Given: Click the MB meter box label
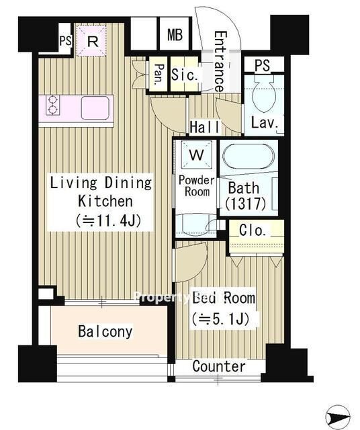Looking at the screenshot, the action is (175, 35).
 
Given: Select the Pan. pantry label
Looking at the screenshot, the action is (159, 75).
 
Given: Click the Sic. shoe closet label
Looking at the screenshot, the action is (184, 75).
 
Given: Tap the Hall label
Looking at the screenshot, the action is (205, 127).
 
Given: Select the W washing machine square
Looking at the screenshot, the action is (197, 155).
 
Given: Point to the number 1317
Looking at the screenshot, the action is (246, 204).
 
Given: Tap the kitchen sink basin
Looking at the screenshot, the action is (95, 108).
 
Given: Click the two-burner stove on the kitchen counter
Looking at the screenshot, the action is (52, 105).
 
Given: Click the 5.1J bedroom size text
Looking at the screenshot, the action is (221, 318).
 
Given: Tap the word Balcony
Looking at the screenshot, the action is (105, 331).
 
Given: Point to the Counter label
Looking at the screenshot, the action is (219, 366).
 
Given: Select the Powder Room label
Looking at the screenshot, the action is (197, 186).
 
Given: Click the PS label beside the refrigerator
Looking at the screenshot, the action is (66, 41).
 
